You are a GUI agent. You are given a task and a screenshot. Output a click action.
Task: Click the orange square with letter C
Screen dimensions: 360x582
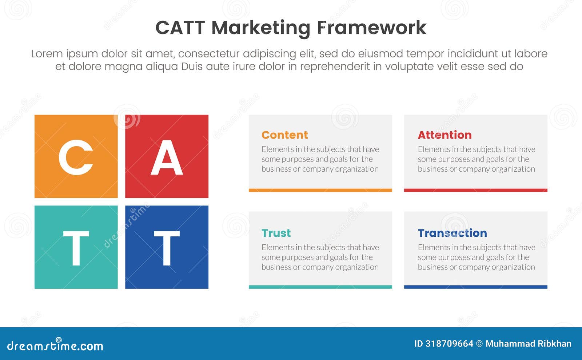(76, 156)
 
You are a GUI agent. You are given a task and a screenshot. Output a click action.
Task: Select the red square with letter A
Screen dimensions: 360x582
(167, 156)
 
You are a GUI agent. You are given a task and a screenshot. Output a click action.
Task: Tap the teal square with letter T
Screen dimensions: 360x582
(76, 247)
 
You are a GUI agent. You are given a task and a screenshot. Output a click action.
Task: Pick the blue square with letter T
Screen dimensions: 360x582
(167, 247)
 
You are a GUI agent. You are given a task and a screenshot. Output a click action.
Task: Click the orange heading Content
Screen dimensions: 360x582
(284, 135)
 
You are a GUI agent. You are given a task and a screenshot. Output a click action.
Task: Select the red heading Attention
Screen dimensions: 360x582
(445, 135)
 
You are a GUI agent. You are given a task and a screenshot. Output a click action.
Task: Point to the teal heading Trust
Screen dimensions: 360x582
(276, 233)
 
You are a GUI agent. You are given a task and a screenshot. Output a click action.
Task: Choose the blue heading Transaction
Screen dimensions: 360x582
(452, 233)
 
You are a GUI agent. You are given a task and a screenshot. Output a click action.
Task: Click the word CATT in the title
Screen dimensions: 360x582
(180, 28)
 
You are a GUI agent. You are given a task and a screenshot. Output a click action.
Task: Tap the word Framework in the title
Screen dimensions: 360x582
(371, 28)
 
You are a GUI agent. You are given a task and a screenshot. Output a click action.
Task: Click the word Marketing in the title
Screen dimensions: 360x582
(261, 28)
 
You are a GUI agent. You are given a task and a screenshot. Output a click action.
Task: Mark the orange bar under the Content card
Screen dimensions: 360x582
(320, 190)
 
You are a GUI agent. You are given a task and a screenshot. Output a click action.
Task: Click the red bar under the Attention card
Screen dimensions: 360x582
(475, 190)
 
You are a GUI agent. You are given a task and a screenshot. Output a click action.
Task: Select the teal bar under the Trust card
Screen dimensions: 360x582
(320, 287)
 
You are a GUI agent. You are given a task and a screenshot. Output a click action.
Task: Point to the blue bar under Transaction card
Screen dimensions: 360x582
(475, 287)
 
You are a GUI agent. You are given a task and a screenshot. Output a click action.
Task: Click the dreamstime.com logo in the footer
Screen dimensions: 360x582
(55, 345)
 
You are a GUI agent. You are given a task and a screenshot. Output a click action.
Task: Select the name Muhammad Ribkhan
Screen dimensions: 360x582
(528, 344)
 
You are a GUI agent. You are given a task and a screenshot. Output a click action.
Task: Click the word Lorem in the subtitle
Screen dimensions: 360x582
(47, 54)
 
